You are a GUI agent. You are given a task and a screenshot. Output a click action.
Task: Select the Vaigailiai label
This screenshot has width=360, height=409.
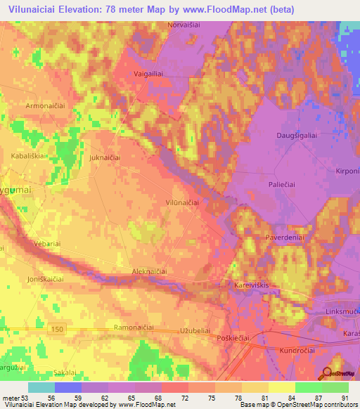[148, 72]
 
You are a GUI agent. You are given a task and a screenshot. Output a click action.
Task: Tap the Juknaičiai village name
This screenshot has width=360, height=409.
[105, 158]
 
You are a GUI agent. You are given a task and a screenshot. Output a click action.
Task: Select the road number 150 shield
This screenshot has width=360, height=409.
[59, 328]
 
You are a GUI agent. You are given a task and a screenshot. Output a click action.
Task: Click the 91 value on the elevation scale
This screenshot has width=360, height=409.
[343, 397]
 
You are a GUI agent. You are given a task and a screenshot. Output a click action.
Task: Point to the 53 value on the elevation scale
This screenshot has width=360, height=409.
[25, 397]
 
